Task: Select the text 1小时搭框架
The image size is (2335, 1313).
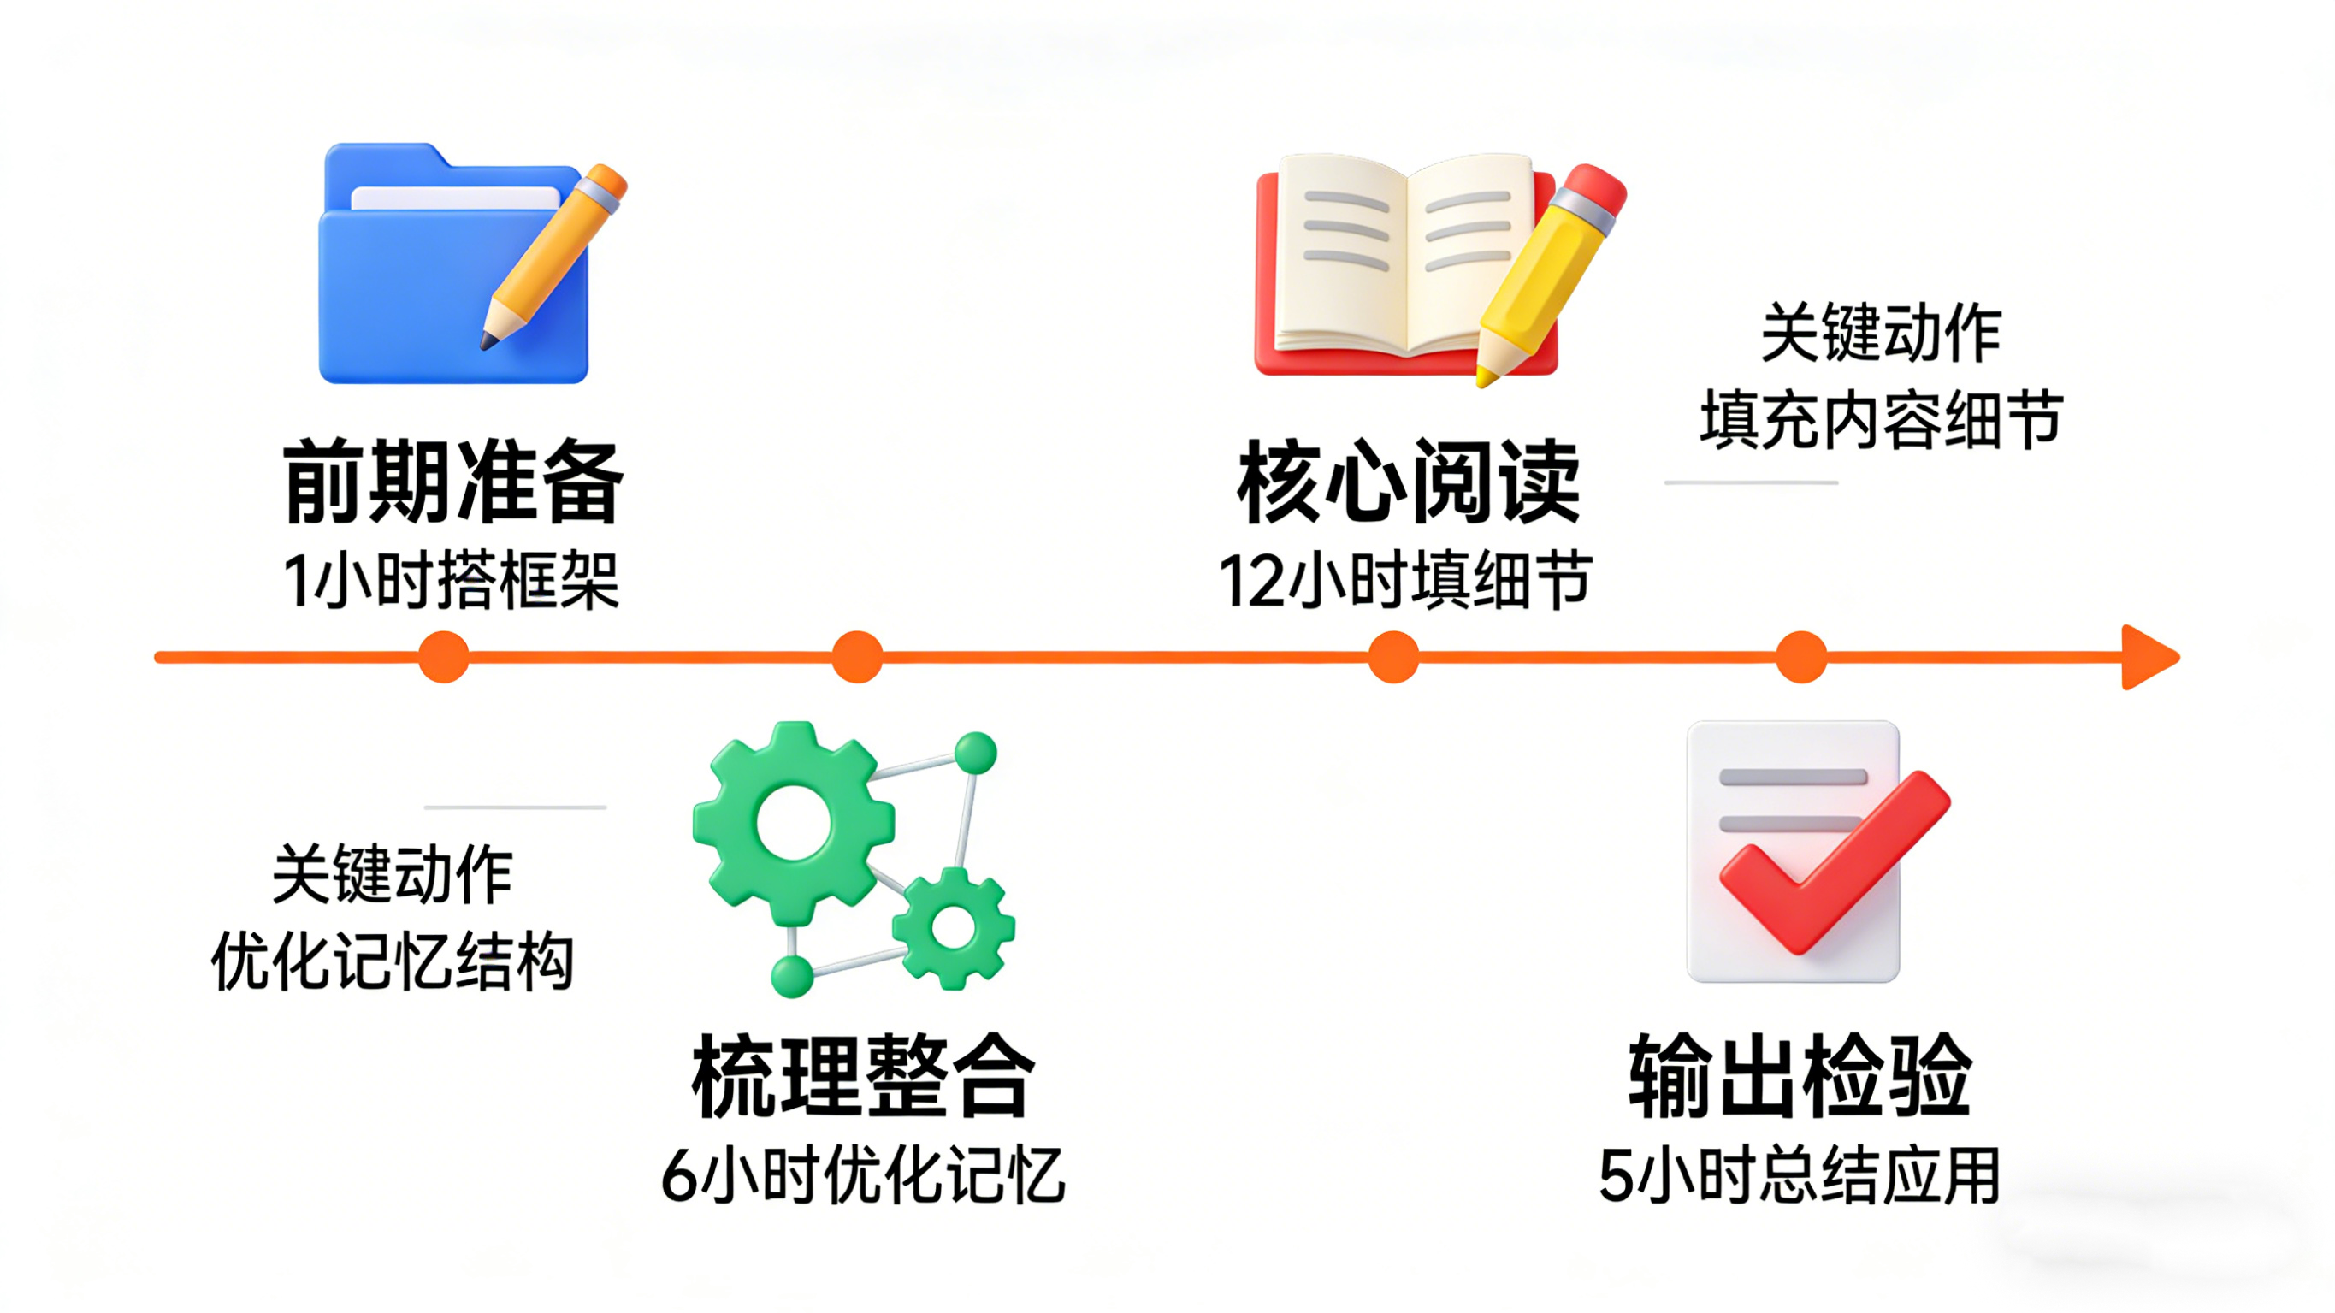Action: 451,580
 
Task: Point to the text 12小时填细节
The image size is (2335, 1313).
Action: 1405,580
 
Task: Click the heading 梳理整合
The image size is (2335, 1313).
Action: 863,1076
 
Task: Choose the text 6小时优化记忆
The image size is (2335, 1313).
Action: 863,1176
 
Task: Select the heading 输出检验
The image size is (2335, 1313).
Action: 1800,1076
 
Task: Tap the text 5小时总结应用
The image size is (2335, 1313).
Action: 1800,1176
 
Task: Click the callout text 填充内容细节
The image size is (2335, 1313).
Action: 1881,420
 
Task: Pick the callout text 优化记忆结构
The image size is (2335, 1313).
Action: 393,961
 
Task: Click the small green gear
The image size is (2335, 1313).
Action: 954,926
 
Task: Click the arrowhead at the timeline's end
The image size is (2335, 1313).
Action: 2149,657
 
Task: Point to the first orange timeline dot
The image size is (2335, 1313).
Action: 443,657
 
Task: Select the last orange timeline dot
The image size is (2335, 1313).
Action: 1800,657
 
